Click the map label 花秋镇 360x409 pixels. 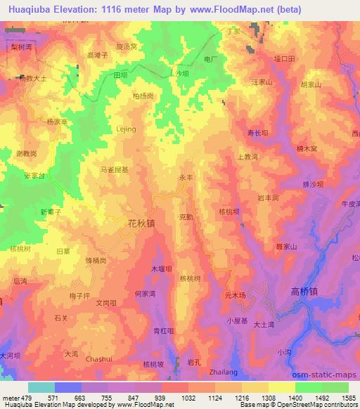coord(141,223)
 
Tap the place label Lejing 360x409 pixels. coord(125,129)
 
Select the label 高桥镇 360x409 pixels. coord(304,290)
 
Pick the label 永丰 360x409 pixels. coord(186,178)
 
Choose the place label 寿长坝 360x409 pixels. coord(257,132)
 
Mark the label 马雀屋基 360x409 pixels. coord(115,169)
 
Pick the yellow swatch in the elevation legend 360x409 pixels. coord(282,387)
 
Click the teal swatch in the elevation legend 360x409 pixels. coord(41,387)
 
